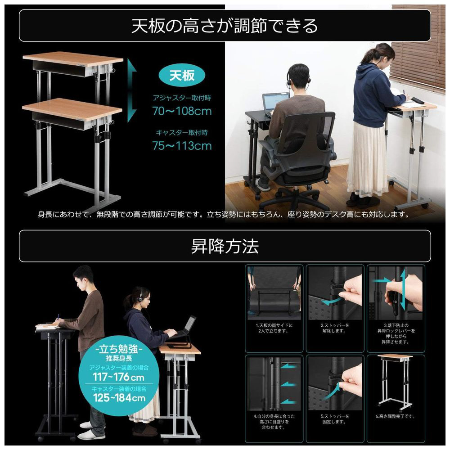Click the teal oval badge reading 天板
182,76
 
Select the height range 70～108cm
182,111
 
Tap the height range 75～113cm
182,146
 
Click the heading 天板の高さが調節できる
225,26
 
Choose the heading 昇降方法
225,246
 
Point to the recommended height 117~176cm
118,377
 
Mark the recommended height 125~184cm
119,398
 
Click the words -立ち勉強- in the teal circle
119,349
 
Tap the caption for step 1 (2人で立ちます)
274,328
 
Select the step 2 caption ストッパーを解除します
335,328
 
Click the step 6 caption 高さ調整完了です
395,416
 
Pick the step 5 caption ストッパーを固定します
335,419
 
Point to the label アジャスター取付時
182,98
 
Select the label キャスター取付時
182,133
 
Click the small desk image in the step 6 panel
395,382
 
